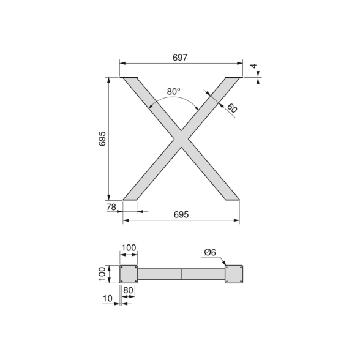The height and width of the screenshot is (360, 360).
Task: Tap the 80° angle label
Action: pos(174,91)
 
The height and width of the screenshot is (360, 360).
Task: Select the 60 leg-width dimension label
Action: pos(232,108)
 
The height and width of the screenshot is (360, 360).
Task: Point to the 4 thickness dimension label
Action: pos(253,66)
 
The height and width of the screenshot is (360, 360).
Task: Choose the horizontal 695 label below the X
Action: pos(181,214)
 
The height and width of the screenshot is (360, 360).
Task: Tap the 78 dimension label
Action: pos(111,208)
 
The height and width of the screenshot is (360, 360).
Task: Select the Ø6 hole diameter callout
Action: pos(209,252)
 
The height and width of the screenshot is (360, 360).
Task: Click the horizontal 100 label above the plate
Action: pos(129,248)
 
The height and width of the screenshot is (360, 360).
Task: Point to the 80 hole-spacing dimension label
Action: pos(129,290)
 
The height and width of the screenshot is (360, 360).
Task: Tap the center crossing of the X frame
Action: pos(181,138)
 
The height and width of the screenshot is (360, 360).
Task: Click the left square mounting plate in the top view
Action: pos(129,274)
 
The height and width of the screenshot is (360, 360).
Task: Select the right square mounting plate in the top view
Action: pos(234,274)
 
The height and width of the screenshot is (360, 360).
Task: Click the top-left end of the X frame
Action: pos(131,80)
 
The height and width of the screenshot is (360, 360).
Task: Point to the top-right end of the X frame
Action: pos(231,80)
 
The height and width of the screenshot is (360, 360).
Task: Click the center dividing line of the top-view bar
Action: pos(181,274)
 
